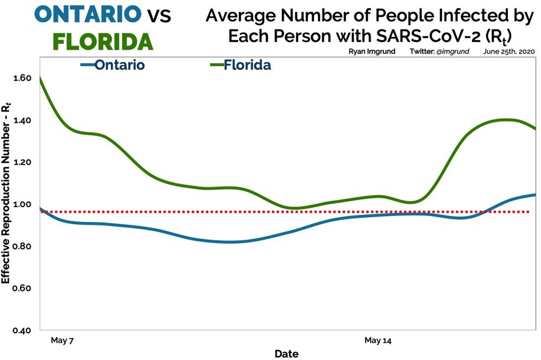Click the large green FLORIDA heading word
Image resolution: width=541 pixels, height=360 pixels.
pos(103,41)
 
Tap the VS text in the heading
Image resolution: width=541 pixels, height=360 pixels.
pos(158,16)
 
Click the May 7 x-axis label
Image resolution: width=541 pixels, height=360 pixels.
pos(61,341)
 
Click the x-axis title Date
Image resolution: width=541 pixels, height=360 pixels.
pos(286,354)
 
